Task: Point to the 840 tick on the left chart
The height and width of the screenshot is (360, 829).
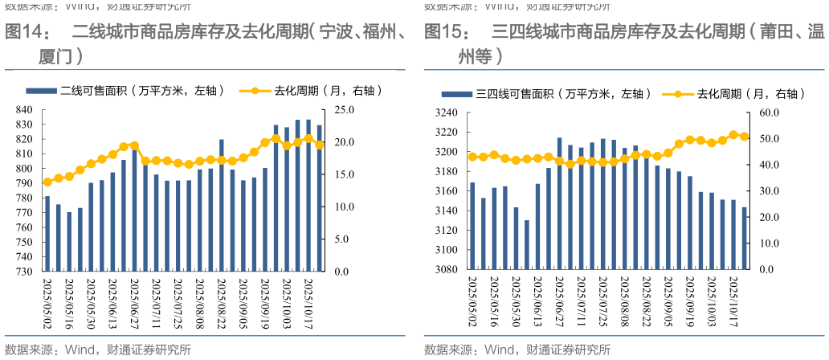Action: (24, 110)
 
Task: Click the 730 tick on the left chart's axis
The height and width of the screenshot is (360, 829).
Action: (24, 272)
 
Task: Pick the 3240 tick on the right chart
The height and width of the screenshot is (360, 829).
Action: (446, 113)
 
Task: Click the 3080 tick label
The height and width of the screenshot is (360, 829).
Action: (446, 269)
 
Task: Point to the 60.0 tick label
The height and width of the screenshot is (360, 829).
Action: (770, 113)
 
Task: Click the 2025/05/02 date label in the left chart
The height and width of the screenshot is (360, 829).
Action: (47, 304)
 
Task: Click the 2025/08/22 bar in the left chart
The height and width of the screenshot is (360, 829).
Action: (221, 205)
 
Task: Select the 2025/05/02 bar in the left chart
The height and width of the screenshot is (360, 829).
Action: (47, 233)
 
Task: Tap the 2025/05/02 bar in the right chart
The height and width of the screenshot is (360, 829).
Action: (472, 226)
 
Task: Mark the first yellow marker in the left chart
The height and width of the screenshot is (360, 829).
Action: (47, 182)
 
